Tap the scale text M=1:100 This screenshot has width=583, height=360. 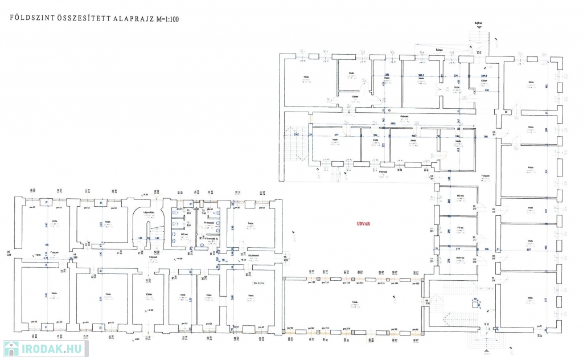tap(169, 18)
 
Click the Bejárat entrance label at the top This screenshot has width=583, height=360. tap(479, 23)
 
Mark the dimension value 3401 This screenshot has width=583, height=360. tap(392, 124)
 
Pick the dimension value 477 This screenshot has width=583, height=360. tap(335, 135)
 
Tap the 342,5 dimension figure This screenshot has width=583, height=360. tap(422, 75)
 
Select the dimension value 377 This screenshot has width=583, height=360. tap(458, 249)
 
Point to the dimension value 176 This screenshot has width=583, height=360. tap(486, 249)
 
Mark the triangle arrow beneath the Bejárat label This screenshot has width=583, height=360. tap(479, 28)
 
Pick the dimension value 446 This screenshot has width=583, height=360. tap(413, 136)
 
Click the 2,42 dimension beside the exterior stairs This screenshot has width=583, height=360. tap(297, 134)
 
